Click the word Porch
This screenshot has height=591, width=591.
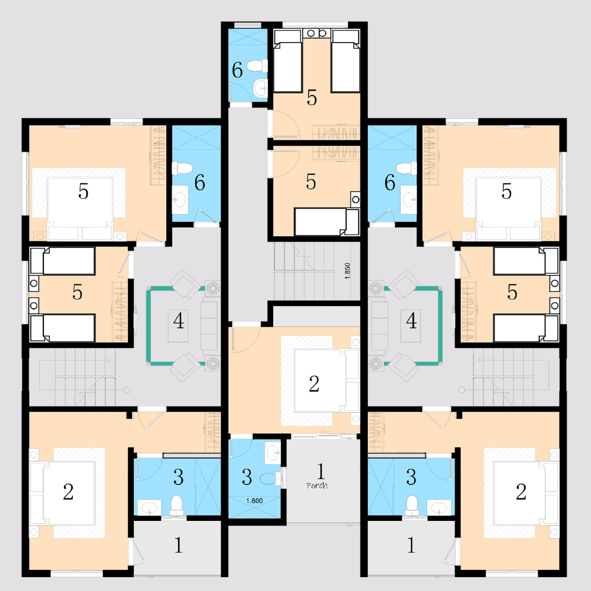point(317,485)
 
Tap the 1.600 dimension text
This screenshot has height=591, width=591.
point(254,500)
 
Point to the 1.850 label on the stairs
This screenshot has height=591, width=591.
point(348,271)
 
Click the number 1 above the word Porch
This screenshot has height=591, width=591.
point(320,471)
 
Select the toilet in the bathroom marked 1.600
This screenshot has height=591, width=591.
point(271,479)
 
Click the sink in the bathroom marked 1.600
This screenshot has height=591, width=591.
point(273,453)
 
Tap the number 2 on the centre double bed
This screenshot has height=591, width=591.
point(314,384)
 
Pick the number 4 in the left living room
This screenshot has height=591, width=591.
point(179,320)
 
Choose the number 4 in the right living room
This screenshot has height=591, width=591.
point(411,320)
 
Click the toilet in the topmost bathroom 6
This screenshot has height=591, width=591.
point(257,66)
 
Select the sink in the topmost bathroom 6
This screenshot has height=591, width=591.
point(261,88)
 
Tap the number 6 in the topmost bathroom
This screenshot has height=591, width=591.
point(238,70)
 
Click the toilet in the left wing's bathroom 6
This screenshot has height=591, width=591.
point(182,168)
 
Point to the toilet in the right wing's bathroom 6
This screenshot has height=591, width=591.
point(407,168)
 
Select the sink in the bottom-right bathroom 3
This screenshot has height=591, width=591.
point(439,507)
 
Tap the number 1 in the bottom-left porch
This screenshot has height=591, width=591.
point(179,545)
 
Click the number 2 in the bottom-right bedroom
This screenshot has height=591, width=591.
point(521,492)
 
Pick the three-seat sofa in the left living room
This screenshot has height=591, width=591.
point(209,324)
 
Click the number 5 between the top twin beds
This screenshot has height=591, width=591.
point(312,98)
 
